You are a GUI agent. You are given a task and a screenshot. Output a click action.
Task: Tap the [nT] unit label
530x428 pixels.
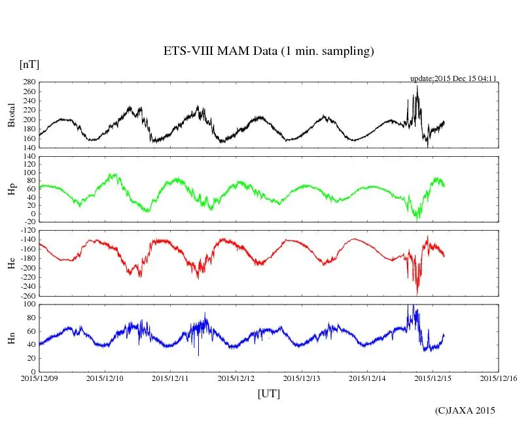(29, 65)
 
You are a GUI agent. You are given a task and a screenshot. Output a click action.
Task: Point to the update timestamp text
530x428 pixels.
(454, 78)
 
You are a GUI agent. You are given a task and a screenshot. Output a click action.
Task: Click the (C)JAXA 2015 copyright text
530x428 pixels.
(465, 410)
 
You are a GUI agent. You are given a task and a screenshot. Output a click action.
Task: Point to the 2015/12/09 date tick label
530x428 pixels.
(39, 378)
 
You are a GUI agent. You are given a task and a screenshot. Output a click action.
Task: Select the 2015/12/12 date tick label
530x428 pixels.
(236, 378)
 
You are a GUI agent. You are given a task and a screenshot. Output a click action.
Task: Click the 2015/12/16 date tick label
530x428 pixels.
(499, 378)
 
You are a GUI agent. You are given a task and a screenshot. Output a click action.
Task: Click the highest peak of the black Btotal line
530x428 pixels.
(417, 86)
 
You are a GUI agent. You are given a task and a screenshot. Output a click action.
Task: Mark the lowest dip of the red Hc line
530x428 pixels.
(417, 294)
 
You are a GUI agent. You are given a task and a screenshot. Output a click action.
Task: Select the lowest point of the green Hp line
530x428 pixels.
(417, 220)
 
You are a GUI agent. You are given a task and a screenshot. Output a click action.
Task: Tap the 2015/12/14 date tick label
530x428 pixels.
(367, 378)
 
